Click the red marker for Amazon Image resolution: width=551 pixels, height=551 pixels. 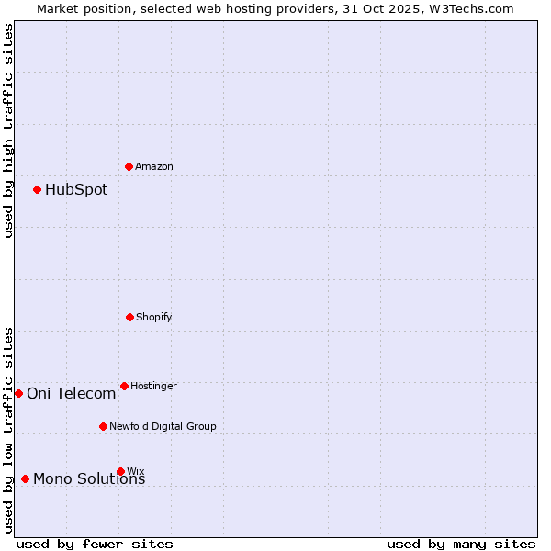(129, 166)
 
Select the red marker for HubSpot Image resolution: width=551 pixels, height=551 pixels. (37, 189)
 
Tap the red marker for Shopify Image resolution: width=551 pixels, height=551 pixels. (129, 317)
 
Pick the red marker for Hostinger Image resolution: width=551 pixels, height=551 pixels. (124, 386)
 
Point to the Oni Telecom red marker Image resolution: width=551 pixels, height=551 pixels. (18, 393)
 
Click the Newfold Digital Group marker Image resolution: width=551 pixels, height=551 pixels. (103, 426)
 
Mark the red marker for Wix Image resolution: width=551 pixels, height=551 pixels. (120, 471)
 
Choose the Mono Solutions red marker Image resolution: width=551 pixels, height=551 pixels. (25, 478)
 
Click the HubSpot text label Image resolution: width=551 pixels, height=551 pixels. (76, 190)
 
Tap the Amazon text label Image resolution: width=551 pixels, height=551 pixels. (154, 167)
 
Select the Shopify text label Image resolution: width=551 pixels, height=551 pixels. (154, 318)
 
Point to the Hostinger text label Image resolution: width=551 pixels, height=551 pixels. (153, 387)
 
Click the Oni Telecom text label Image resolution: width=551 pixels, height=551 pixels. (72, 394)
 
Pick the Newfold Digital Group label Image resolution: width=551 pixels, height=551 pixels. (163, 427)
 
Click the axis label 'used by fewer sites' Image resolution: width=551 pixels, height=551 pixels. (95, 544)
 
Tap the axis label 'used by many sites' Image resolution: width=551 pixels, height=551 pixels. (461, 544)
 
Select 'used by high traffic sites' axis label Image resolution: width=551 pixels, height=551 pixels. (8, 130)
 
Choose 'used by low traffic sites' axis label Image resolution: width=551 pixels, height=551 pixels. (8, 430)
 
